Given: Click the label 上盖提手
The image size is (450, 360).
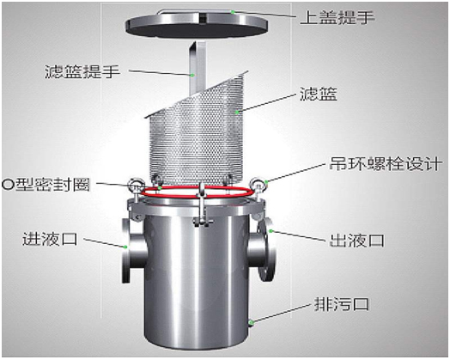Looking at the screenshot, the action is (337, 17).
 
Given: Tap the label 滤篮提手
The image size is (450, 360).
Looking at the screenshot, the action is (82, 71).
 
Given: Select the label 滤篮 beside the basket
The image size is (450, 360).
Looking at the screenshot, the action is (318, 94).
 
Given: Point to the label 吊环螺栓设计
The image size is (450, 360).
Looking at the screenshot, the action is (385, 163).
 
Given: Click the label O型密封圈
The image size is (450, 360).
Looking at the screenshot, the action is (46, 185).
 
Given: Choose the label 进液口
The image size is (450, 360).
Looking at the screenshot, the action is (50, 239).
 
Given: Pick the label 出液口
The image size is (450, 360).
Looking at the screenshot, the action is (356, 241).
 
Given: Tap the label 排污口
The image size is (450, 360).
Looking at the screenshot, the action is (342, 304).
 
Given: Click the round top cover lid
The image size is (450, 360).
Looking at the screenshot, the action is (197, 24).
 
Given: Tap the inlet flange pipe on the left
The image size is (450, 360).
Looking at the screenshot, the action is (133, 250).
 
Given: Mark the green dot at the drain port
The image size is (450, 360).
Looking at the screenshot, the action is (251, 322).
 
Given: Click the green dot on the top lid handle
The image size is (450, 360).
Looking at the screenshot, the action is (234, 12).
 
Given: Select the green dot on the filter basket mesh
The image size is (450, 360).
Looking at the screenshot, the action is (237, 112).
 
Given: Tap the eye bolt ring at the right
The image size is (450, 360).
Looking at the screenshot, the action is (257, 185).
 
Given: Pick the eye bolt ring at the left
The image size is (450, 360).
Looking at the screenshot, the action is (135, 185).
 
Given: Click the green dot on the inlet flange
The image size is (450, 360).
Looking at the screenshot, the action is (125, 247).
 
